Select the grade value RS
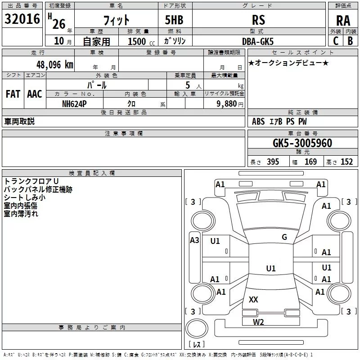click(x=259, y=20)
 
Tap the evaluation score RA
click(x=343, y=20)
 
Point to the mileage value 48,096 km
click(x=49, y=64)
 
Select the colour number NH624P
click(x=75, y=103)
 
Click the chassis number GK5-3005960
click(x=303, y=143)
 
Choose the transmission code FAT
click(x=13, y=94)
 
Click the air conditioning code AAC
click(x=34, y=94)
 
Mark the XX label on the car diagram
click(x=254, y=299)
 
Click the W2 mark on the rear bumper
click(x=258, y=321)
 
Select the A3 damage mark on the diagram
click(x=194, y=240)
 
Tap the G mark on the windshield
click(x=284, y=237)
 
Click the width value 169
click(x=310, y=162)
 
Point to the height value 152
click(x=346, y=162)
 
